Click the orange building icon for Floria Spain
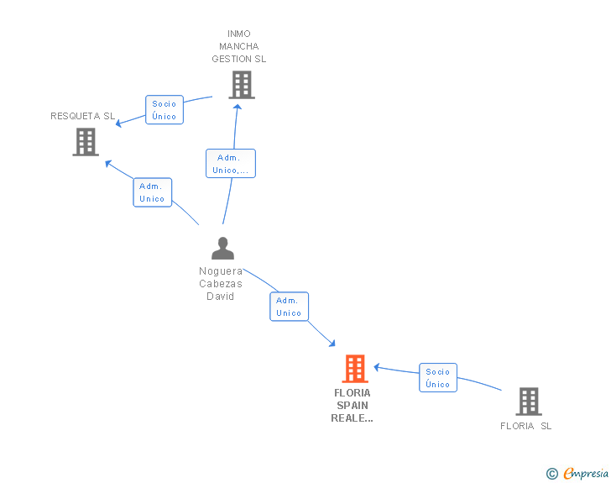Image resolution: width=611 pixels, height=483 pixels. pos(355,368)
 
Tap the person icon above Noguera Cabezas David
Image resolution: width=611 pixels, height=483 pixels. pos(223,248)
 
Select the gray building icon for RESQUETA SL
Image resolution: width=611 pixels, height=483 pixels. pos(86,142)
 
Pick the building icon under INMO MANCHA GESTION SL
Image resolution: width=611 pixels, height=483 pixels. pos(242,85)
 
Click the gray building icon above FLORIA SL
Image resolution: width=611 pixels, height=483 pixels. pos(529,402)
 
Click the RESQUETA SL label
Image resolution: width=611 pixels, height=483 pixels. pos(82,116)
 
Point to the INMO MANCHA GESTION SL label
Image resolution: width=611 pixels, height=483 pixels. pos(239,46)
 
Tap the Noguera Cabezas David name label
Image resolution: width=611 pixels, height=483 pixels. pos(221,284)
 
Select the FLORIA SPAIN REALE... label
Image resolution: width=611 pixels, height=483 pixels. pos(352,406)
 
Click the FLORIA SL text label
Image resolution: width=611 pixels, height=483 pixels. pos(525,426)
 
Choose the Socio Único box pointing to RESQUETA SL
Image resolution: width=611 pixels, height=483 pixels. pos(164,110)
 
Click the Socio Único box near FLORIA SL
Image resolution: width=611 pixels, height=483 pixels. pos(438,378)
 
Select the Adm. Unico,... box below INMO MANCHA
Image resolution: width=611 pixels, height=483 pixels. pos(231,164)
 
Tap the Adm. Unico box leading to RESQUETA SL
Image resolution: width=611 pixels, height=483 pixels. pos(153,192)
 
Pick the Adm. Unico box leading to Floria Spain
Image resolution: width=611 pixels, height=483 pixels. pos(289,307)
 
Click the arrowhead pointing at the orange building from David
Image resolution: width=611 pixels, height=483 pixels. pos(332,344)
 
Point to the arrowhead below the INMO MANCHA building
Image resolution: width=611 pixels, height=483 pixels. pos(238,107)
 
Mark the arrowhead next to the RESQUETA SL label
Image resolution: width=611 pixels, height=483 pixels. pos(119,123)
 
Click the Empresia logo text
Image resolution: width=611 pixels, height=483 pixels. pos(586,474)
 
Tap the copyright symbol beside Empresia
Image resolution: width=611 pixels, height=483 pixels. pos(552,474)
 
